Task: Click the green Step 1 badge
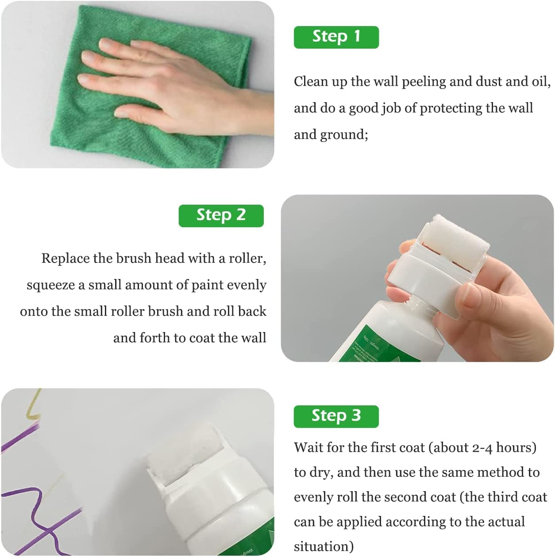point(336,37)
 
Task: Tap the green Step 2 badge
point(221,216)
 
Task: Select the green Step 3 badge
point(336,416)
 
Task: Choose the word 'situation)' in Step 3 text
point(324,547)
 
